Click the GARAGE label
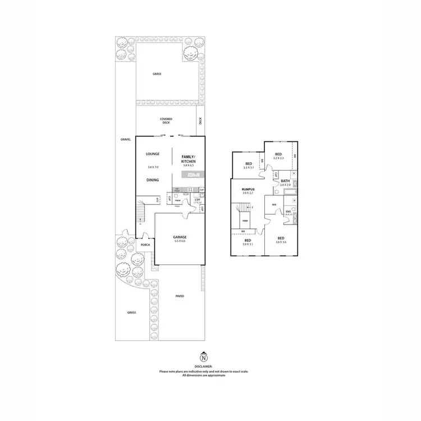pyautogui.click(x=179, y=237)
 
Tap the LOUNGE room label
pyautogui.click(x=153, y=154)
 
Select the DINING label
pyautogui.click(x=153, y=180)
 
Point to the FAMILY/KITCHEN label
pyautogui.click(x=187, y=159)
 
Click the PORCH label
pyautogui.click(x=145, y=245)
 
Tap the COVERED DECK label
pyautogui.click(x=166, y=121)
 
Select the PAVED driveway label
pyautogui.click(x=180, y=296)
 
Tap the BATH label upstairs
pyautogui.click(x=285, y=180)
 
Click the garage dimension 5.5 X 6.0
pyautogui.click(x=179, y=241)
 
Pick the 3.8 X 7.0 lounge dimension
pyautogui.click(x=153, y=167)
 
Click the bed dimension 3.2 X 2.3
pyautogui.click(x=278, y=159)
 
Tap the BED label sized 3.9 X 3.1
pyautogui.click(x=248, y=240)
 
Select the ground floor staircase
pyautogui.click(x=140, y=214)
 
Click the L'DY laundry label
pyautogui.click(x=197, y=200)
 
